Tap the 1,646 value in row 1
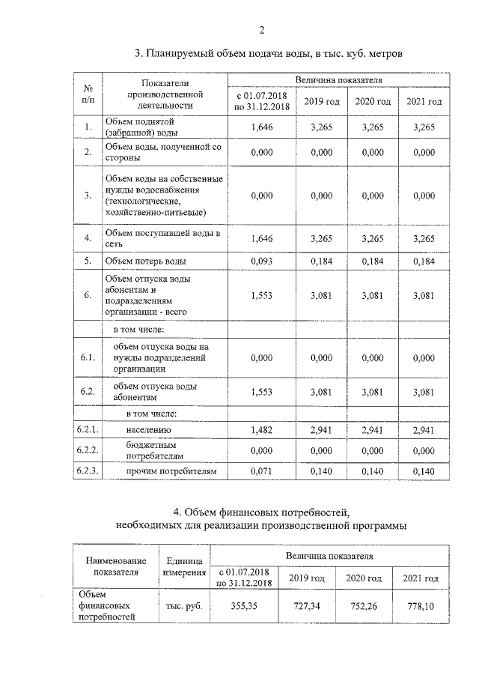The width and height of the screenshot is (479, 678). coord(262,127)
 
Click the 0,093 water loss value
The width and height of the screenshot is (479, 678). coord(262,261)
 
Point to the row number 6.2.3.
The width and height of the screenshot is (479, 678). coord(88,471)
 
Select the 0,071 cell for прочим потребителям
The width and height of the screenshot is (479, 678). coord(262,471)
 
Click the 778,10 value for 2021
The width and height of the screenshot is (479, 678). coord(421,605)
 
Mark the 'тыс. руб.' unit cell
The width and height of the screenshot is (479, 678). coord(183,605)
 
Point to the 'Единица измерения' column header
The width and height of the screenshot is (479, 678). coord(183,566)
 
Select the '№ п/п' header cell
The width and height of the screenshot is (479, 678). coord(88,93)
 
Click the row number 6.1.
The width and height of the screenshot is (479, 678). coord(88,358)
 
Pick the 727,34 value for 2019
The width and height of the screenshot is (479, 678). coord(307,605)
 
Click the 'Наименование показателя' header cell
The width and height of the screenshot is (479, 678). coord(116,566)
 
